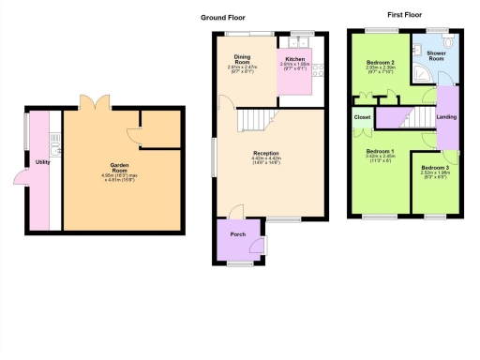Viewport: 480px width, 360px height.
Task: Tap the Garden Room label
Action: (x=117, y=165)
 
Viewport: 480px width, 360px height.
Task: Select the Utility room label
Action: (x=42, y=162)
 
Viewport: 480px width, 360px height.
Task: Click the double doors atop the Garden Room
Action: (x=95, y=102)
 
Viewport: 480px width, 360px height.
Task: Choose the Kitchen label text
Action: (x=295, y=58)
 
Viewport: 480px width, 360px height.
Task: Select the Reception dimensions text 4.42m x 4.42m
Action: (x=267, y=158)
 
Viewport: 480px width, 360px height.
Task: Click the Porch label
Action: (x=238, y=235)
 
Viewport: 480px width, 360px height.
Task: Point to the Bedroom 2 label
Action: (x=380, y=62)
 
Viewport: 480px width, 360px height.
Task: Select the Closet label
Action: (x=362, y=117)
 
